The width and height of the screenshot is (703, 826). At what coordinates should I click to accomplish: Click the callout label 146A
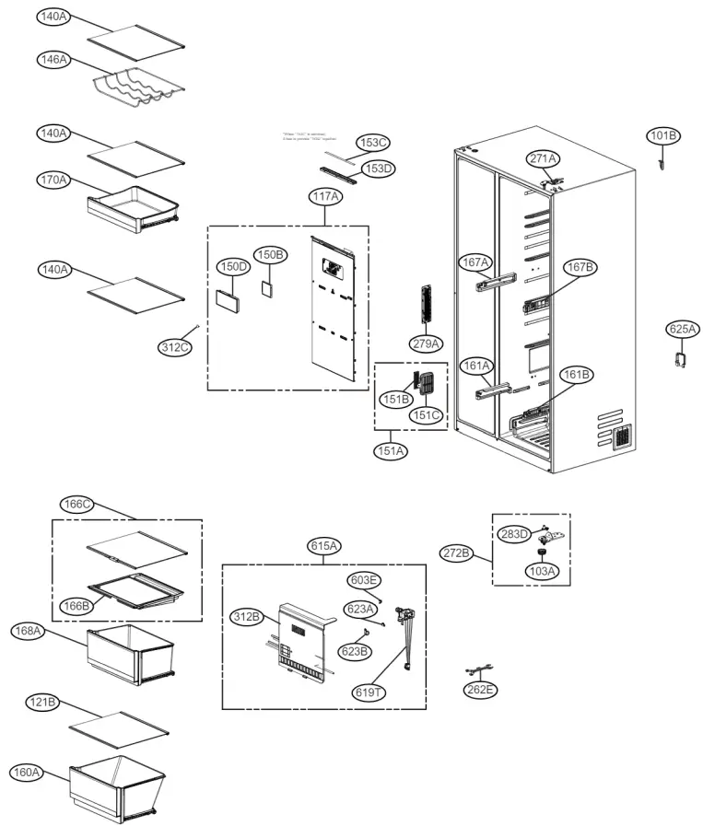pyautogui.click(x=53, y=59)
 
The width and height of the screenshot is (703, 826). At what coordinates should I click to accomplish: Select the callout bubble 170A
pyautogui.click(x=53, y=179)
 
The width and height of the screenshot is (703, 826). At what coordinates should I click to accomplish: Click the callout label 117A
pyautogui.click(x=325, y=196)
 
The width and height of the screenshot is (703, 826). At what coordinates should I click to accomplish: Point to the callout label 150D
pyautogui.click(x=233, y=266)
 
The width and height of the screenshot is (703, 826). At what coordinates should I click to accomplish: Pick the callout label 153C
pyautogui.click(x=374, y=143)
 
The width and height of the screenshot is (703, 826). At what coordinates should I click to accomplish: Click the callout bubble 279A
pyautogui.click(x=427, y=343)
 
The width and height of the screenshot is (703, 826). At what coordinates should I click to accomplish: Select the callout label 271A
pyautogui.click(x=543, y=158)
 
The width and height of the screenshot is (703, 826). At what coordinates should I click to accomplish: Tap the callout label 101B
pyautogui.click(x=663, y=136)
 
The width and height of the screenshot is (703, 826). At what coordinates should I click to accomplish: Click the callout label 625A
pyautogui.click(x=683, y=329)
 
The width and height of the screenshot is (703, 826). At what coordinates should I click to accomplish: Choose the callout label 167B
pyautogui.click(x=580, y=267)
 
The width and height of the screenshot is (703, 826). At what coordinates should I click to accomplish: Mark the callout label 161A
pyautogui.click(x=476, y=365)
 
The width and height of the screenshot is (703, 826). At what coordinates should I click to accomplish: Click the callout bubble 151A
pyautogui.click(x=390, y=451)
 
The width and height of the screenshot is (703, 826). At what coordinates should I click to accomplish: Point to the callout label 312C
pyautogui.click(x=174, y=347)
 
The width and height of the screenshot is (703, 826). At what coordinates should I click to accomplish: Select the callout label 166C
pyautogui.click(x=77, y=504)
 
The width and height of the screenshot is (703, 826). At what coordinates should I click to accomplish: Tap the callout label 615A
pyautogui.click(x=324, y=546)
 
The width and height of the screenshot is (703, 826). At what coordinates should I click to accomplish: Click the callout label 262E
pyautogui.click(x=480, y=690)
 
